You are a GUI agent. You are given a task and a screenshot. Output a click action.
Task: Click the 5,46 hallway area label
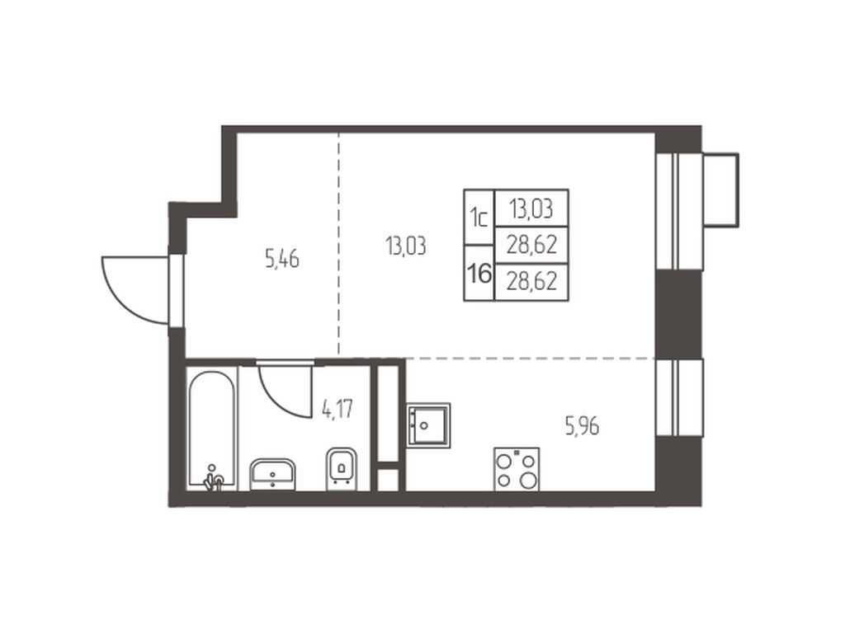282,259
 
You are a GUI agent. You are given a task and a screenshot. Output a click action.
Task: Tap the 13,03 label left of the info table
406,246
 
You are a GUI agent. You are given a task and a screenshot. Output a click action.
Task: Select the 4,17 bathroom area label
338,409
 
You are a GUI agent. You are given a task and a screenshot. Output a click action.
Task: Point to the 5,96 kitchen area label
582,427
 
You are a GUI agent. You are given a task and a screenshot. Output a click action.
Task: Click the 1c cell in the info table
479,218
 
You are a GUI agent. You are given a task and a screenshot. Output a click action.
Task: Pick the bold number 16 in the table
479,274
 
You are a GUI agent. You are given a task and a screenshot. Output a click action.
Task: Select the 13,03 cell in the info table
531,208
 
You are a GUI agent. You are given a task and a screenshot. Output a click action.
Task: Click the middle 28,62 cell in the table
531,245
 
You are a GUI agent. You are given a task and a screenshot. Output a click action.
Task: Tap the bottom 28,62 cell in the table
531,282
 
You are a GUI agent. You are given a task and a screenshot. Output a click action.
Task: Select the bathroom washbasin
272,474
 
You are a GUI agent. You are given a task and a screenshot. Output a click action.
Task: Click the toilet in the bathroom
342,468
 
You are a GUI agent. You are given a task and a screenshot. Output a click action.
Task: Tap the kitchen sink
428,424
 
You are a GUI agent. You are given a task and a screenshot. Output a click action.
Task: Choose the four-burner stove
517,469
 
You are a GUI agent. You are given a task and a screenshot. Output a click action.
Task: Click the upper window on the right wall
679,211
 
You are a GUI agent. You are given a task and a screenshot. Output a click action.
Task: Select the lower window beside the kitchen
679,397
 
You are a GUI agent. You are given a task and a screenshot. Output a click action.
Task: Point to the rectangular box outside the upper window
720,190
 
